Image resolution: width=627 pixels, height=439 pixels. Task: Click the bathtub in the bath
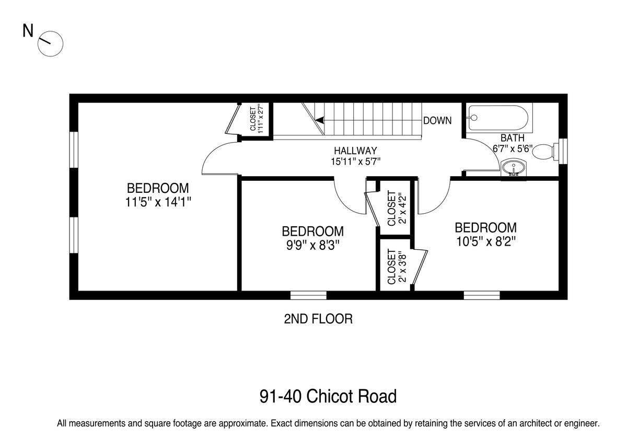[x=499, y=118]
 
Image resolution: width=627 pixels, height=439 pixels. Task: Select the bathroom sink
[x=513, y=168]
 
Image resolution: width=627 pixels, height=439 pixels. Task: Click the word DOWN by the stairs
[x=437, y=121]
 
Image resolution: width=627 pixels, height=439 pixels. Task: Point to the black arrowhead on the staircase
[x=319, y=120]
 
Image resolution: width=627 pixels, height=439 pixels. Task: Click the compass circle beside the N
[x=50, y=44]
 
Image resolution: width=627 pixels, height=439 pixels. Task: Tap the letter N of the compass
[x=28, y=31]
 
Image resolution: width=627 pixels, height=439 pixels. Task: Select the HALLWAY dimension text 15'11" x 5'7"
[x=355, y=161]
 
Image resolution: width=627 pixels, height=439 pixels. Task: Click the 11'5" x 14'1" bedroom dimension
[x=158, y=202]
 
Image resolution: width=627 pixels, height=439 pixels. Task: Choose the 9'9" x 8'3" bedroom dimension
[x=312, y=246]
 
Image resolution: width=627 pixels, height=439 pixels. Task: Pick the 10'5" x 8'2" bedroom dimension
[x=485, y=241]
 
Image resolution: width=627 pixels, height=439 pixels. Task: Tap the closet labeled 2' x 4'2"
[x=395, y=208]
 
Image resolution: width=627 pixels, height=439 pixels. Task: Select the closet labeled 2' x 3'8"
[x=395, y=265]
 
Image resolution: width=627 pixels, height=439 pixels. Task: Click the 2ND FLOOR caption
[x=318, y=319]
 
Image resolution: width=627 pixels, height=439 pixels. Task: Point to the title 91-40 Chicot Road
[x=328, y=396]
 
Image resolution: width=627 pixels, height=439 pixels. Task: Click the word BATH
[x=513, y=138]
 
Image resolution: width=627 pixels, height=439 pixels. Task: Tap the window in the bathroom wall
[x=563, y=151]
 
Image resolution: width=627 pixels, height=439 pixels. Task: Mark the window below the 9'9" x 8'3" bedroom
[x=308, y=295]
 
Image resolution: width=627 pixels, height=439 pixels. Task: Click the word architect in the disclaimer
[x=533, y=423]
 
